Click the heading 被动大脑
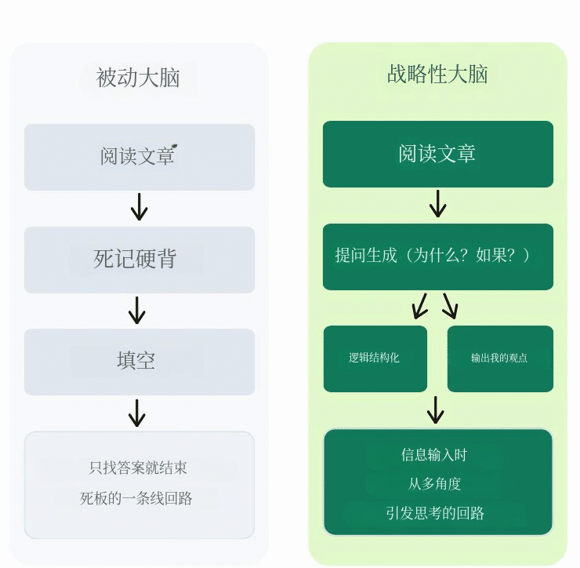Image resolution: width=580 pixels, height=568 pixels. click(138, 78)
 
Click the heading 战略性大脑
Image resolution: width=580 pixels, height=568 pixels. click(437, 74)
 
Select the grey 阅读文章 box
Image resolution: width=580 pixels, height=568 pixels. click(140, 157)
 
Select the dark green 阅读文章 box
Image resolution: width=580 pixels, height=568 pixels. click(438, 154)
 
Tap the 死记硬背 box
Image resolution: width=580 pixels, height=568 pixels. click(140, 260)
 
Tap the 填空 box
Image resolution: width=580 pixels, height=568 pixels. click(140, 362)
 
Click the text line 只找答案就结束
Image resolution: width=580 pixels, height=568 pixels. click(138, 468)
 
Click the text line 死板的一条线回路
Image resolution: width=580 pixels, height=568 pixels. click(136, 498)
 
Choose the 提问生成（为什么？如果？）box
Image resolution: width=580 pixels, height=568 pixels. click(438, 257)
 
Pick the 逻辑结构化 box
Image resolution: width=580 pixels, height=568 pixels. click(375, 359)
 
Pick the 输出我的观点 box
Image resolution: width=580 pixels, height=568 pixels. click(500, 359)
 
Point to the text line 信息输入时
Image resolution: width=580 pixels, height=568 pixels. click(434, 455)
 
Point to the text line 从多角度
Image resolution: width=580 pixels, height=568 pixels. click(434, 483)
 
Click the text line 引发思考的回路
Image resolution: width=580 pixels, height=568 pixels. click(435, 514)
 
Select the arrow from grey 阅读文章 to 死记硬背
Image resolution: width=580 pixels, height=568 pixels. click(139, 206)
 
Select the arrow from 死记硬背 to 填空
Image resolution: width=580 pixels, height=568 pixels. click(137, 311)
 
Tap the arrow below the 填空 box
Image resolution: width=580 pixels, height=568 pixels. click(137, 413)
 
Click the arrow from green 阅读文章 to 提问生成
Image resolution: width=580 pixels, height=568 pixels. click(438, 204)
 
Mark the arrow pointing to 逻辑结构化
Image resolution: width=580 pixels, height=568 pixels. click(420, 306)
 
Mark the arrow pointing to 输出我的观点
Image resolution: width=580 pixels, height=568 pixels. click(451, 306)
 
